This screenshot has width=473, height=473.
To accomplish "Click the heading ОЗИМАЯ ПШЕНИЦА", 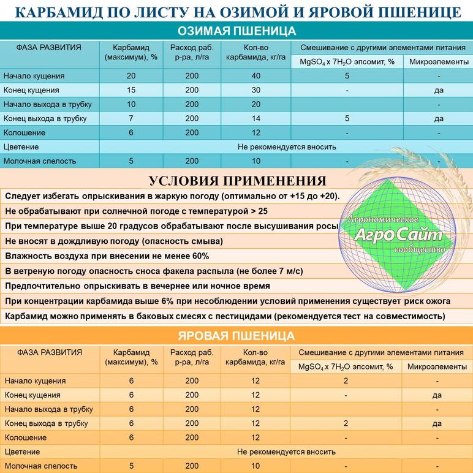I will click(236, 31).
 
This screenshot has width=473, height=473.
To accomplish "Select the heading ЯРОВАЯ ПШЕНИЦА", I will click(236, 336).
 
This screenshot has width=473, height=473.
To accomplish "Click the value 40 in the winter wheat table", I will click(255, 76).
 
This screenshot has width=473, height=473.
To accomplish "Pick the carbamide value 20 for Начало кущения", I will click(131, 76).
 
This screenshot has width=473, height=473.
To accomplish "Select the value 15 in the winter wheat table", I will click(131, 90).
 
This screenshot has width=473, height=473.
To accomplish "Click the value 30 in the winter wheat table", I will click(255, 90).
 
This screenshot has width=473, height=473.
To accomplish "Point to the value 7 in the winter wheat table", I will click(131, 118).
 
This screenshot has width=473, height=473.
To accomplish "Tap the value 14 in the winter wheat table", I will click(255, 118).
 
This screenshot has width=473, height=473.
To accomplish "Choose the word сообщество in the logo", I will click(420, 250).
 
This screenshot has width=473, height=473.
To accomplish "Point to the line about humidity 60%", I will click(107, 256).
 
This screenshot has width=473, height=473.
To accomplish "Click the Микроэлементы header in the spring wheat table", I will click(437, 366).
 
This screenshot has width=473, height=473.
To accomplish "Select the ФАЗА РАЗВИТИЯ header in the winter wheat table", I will click(49, 47).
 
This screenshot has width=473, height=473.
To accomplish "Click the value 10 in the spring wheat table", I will click(255, 466).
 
